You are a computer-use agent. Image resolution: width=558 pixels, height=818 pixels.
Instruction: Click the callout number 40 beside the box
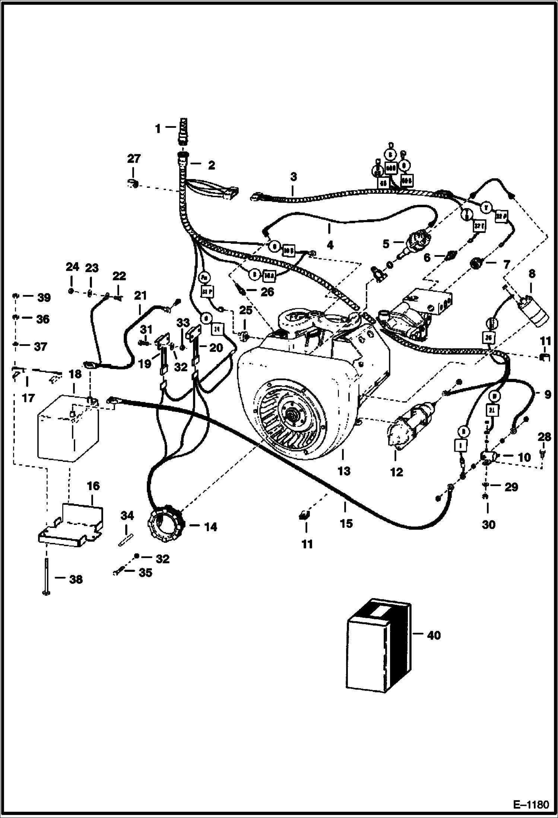coord(434,635)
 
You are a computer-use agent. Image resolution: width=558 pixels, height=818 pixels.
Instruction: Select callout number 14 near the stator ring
coord(210,527)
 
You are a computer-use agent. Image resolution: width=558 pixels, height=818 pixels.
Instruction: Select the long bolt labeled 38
coord(46,575)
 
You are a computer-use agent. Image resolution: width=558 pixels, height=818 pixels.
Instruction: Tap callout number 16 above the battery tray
coord(93,486)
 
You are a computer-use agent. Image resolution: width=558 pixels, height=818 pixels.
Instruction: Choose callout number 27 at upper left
coord(134,159)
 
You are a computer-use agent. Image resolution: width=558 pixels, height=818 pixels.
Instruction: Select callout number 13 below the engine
coord(344,471)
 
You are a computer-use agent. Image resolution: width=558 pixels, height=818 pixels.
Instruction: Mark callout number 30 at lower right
coord(488,525)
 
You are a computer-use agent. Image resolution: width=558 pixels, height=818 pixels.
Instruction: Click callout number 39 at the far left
coord(43,298)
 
